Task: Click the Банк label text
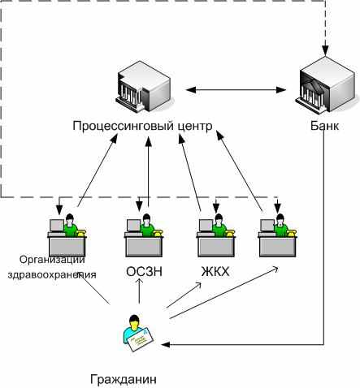coord(324,126)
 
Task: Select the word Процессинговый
coord(124,127)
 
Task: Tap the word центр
coord(195,127)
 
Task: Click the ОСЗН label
coord(145,271)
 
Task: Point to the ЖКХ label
coord(215,271)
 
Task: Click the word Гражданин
coord(124,379)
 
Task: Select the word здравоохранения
coord(52,274)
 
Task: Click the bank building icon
coord(324,85)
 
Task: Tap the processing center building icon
coord(143,86)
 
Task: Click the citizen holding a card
coord(137,333)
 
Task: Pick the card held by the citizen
coord(141,339)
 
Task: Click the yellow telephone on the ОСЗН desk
coord(158,233)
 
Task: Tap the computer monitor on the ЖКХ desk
coord(206,226)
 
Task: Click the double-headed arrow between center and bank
coord(236,90)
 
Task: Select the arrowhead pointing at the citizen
coord(165,344)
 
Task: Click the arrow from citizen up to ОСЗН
coord(140,291)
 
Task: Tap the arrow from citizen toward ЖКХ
coord(184,295)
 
